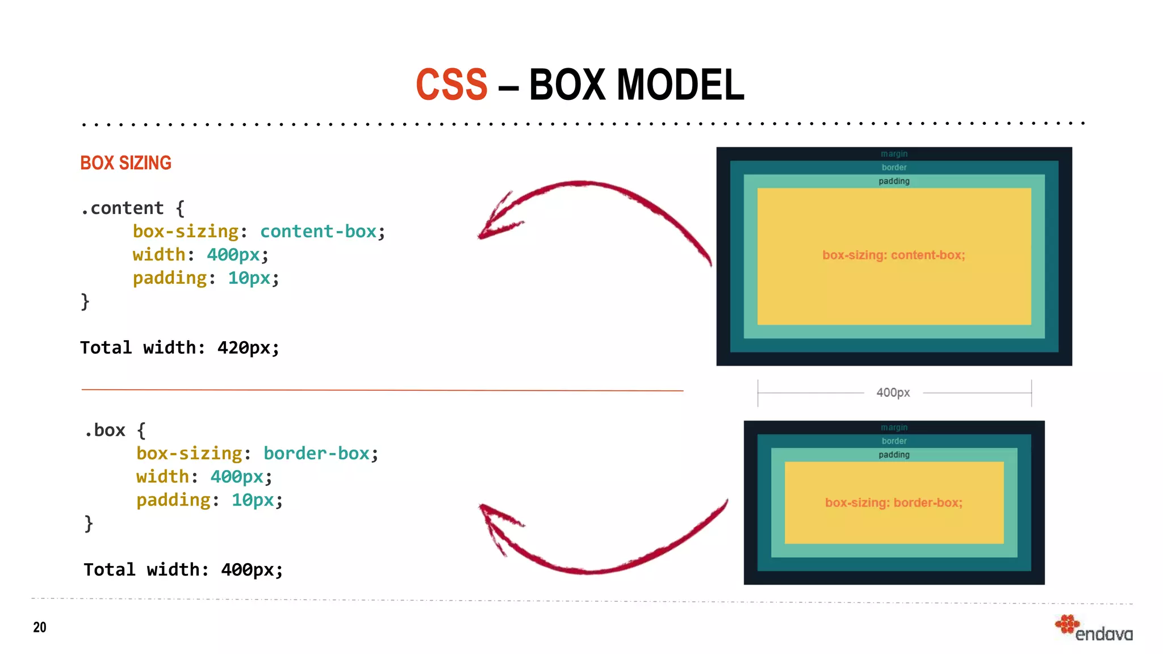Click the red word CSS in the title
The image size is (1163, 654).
(451, 85)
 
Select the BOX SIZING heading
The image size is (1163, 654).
(125, 163)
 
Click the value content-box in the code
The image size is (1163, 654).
(319, 232)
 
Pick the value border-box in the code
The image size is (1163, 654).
(316, 454)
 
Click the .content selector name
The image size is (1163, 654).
(122, 208)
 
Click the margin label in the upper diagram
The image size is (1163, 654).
(894, 154)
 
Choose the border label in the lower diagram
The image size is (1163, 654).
(894, 441)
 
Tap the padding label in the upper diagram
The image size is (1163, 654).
(894, 181)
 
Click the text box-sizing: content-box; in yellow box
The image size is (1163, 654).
(893, 255)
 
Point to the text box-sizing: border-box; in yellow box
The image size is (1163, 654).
(893, 503)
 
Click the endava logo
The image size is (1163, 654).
(1094, 628)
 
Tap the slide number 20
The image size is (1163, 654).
(40, 627)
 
